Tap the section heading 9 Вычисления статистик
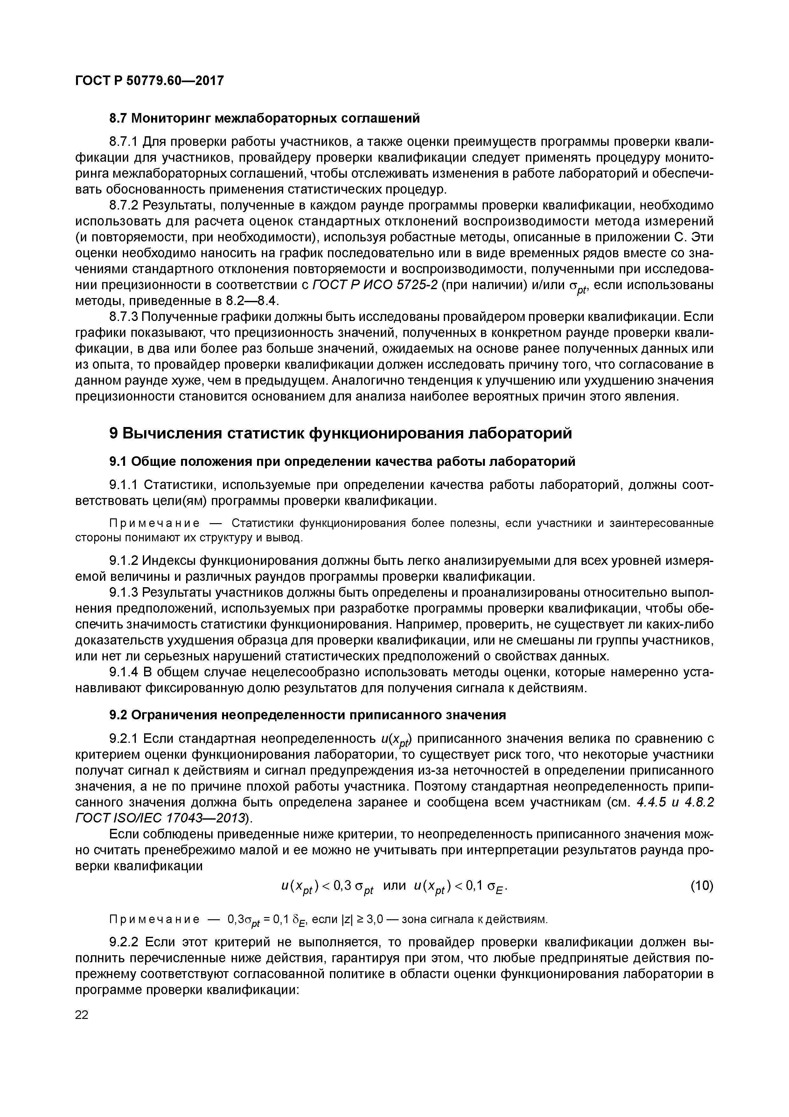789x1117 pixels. tap(340, 433)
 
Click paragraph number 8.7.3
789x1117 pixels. tap(124, 317)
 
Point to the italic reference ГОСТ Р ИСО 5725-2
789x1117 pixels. tap(375, 285)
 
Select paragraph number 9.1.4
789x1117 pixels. tap(124, 672)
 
